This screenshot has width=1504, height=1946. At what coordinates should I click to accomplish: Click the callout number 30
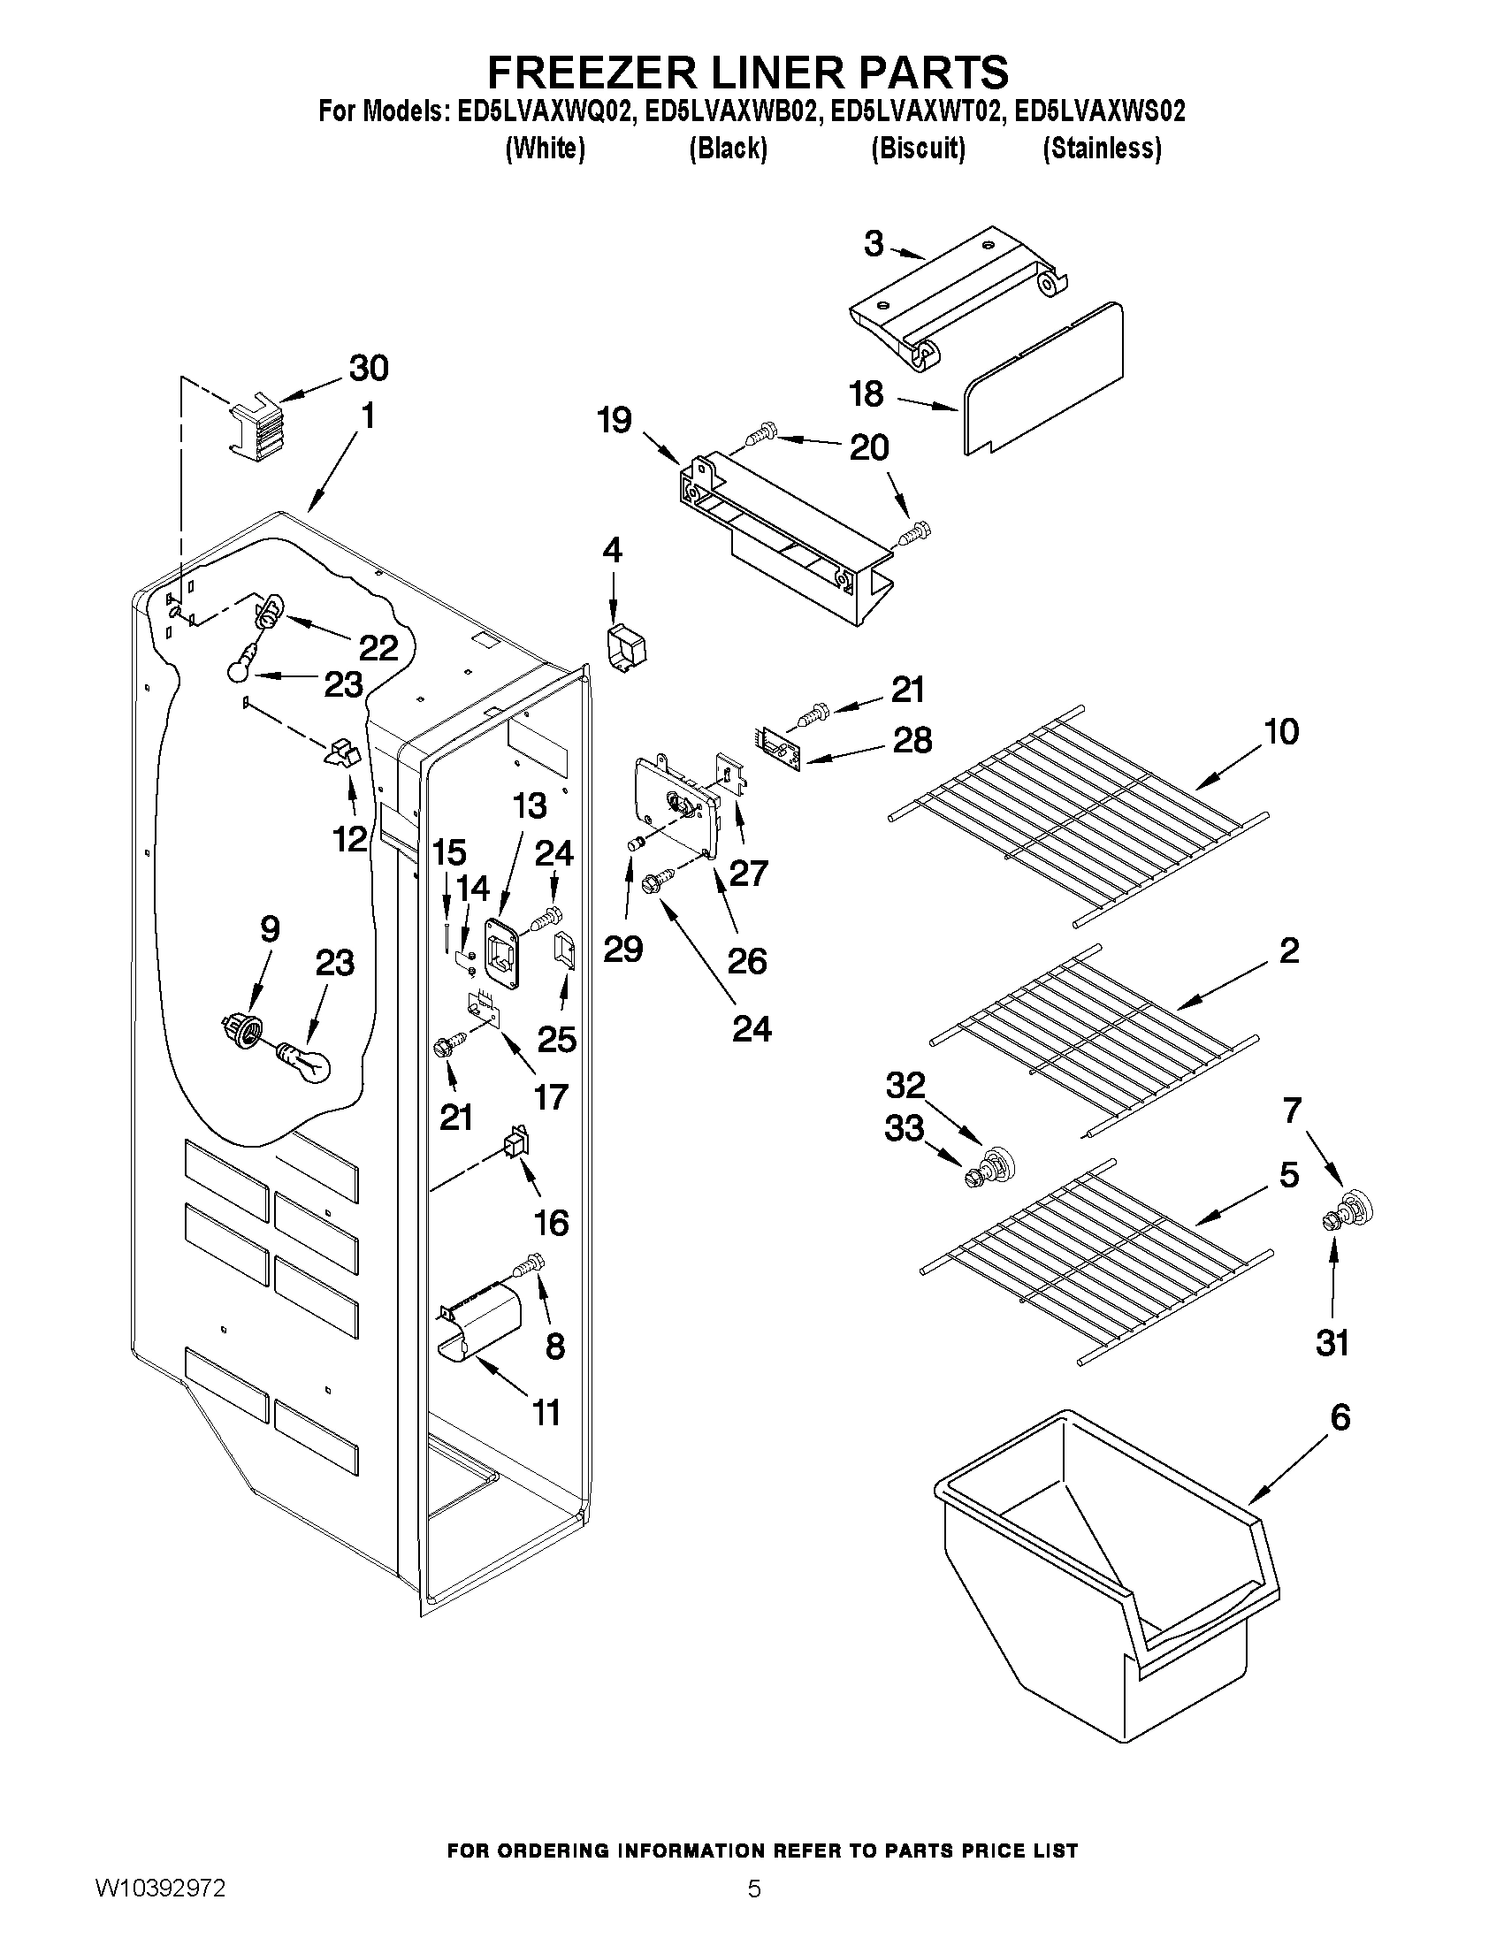[x=369, y=368]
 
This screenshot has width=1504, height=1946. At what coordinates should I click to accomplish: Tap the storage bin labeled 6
[x=1105, y=1595]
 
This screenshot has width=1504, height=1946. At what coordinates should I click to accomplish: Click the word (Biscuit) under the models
[x=918, y=148]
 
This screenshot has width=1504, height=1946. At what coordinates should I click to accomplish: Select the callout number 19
[x=614, y=420]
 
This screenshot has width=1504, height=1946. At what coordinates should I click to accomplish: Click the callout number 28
[x=912, y=740]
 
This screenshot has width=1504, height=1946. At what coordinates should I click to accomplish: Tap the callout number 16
[x=552, y=1224]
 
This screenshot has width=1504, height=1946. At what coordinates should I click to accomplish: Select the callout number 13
[x=530, y=806]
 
